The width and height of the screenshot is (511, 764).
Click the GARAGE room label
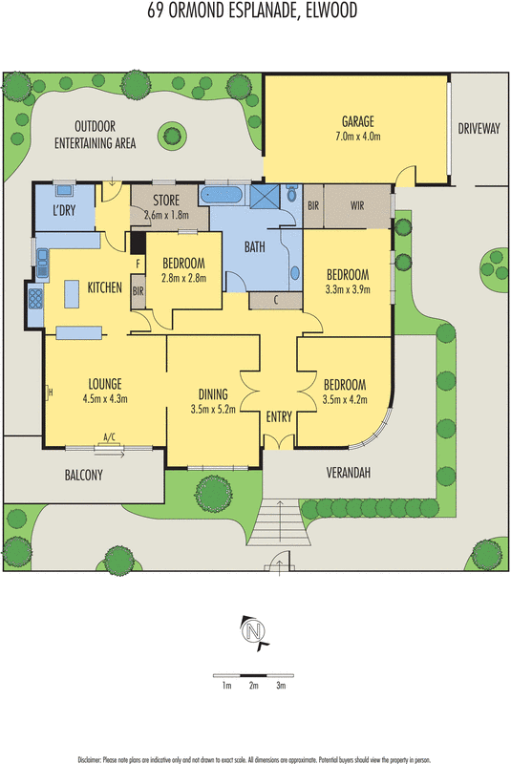(357, 121)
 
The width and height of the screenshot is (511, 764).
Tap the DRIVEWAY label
(478, 128)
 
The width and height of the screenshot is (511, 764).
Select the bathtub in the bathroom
(223, 195)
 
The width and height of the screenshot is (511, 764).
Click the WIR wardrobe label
(357, 204)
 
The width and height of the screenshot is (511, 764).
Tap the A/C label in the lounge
(109, 437)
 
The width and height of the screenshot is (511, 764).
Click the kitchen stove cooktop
(34, 300)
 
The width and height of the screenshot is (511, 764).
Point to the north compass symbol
(254, 631)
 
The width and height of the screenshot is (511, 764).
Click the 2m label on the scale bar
(253, 686)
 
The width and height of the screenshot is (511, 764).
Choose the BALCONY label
(76, 475)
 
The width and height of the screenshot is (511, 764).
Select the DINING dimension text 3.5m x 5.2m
(213, 412)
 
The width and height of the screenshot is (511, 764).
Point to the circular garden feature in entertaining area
(173, 132)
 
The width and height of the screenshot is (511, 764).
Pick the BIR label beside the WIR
(312, 204)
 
